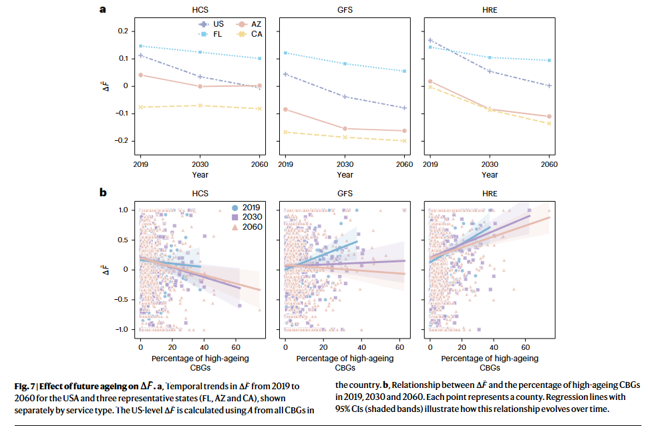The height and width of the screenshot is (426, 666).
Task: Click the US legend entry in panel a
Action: pyautogui.click(x=214, y=23)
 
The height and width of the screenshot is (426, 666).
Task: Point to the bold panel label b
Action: pyautogui.click(x=103, y=193)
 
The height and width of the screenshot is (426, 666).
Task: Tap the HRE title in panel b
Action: pyautogui.click(x=490, y=194)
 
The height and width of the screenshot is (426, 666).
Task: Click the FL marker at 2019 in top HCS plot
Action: pyautogui.click(x=141, y=46)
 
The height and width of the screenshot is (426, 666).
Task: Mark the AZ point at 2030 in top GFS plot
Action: pyautogui.click(x=345, y=129)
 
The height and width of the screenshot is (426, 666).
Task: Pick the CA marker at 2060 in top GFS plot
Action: pyautogui.click(x=404, y=140)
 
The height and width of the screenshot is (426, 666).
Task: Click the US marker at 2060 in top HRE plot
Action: pyautogui.click(x=549, y=85)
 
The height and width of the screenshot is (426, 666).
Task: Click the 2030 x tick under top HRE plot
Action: pyautogui.click(x=490, y=165)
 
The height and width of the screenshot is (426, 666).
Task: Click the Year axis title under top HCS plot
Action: pyautogui.click(x=200, y=175)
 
